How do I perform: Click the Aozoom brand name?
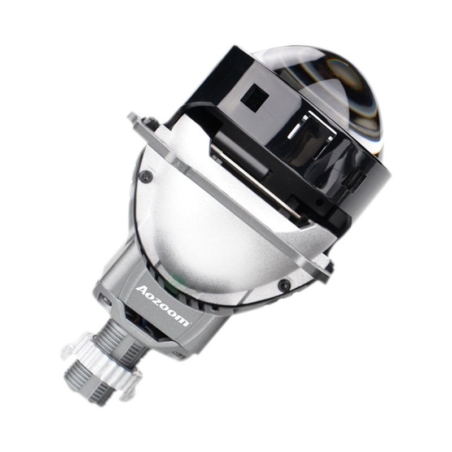click(162, 306)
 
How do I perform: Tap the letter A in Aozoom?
click(142, 290)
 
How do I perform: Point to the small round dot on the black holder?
click(320, 201)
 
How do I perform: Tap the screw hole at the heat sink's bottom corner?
click(179, 355)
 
